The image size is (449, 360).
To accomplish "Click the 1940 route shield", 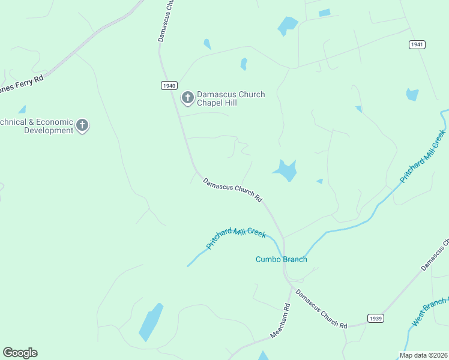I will pos(169,86).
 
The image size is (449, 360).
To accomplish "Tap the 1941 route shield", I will pos(418,44).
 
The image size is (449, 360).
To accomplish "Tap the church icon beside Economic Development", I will pos(82,125).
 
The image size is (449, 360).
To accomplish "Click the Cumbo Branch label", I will pos(282,259).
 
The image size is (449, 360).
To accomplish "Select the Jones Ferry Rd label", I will pos(22,83).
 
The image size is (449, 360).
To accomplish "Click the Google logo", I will pos(20,353).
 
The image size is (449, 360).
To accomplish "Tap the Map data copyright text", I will pos(423,355).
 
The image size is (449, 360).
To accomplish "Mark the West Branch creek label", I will pos(430,311).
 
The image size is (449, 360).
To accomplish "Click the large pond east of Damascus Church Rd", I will pos(286,170).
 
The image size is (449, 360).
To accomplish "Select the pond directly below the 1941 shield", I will pos(412,94).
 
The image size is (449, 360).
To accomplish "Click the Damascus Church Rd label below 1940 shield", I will pos(233,190).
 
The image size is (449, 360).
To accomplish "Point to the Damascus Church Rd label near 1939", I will pos(321,311).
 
